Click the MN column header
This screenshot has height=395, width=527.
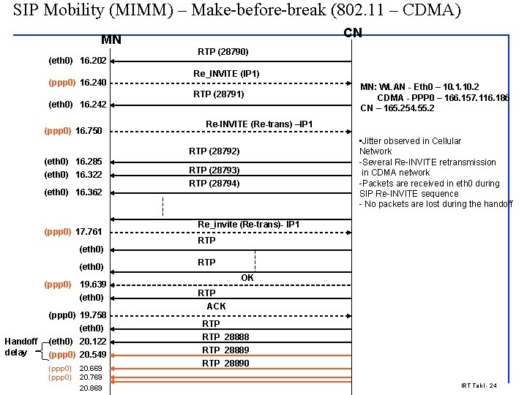pos(111,39)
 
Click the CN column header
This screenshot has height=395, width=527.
pos(352,33)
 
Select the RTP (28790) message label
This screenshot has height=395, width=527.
pos(223,53)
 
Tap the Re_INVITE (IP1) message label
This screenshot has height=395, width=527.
pos(226,74)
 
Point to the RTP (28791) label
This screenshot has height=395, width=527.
pos(218,94)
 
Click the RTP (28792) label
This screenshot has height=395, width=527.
pos(214,151)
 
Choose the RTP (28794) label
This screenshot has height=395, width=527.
pos(214,184)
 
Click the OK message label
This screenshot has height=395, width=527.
pos(247,278)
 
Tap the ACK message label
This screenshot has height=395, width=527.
pos(216,306)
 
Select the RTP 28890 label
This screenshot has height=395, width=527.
pos(225,364)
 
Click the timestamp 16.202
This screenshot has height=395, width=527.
pos(92,60)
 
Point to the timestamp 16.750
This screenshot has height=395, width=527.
pos(89,131)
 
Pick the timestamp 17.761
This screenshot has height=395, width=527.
pos(89,232)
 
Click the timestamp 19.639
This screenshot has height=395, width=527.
pos(92,284)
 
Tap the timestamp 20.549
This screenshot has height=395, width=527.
pos(92,355)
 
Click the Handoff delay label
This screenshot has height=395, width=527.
pos(20,347)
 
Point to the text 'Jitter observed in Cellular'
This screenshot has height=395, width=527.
pos(411,141)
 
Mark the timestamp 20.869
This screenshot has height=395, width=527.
pos(91,388)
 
